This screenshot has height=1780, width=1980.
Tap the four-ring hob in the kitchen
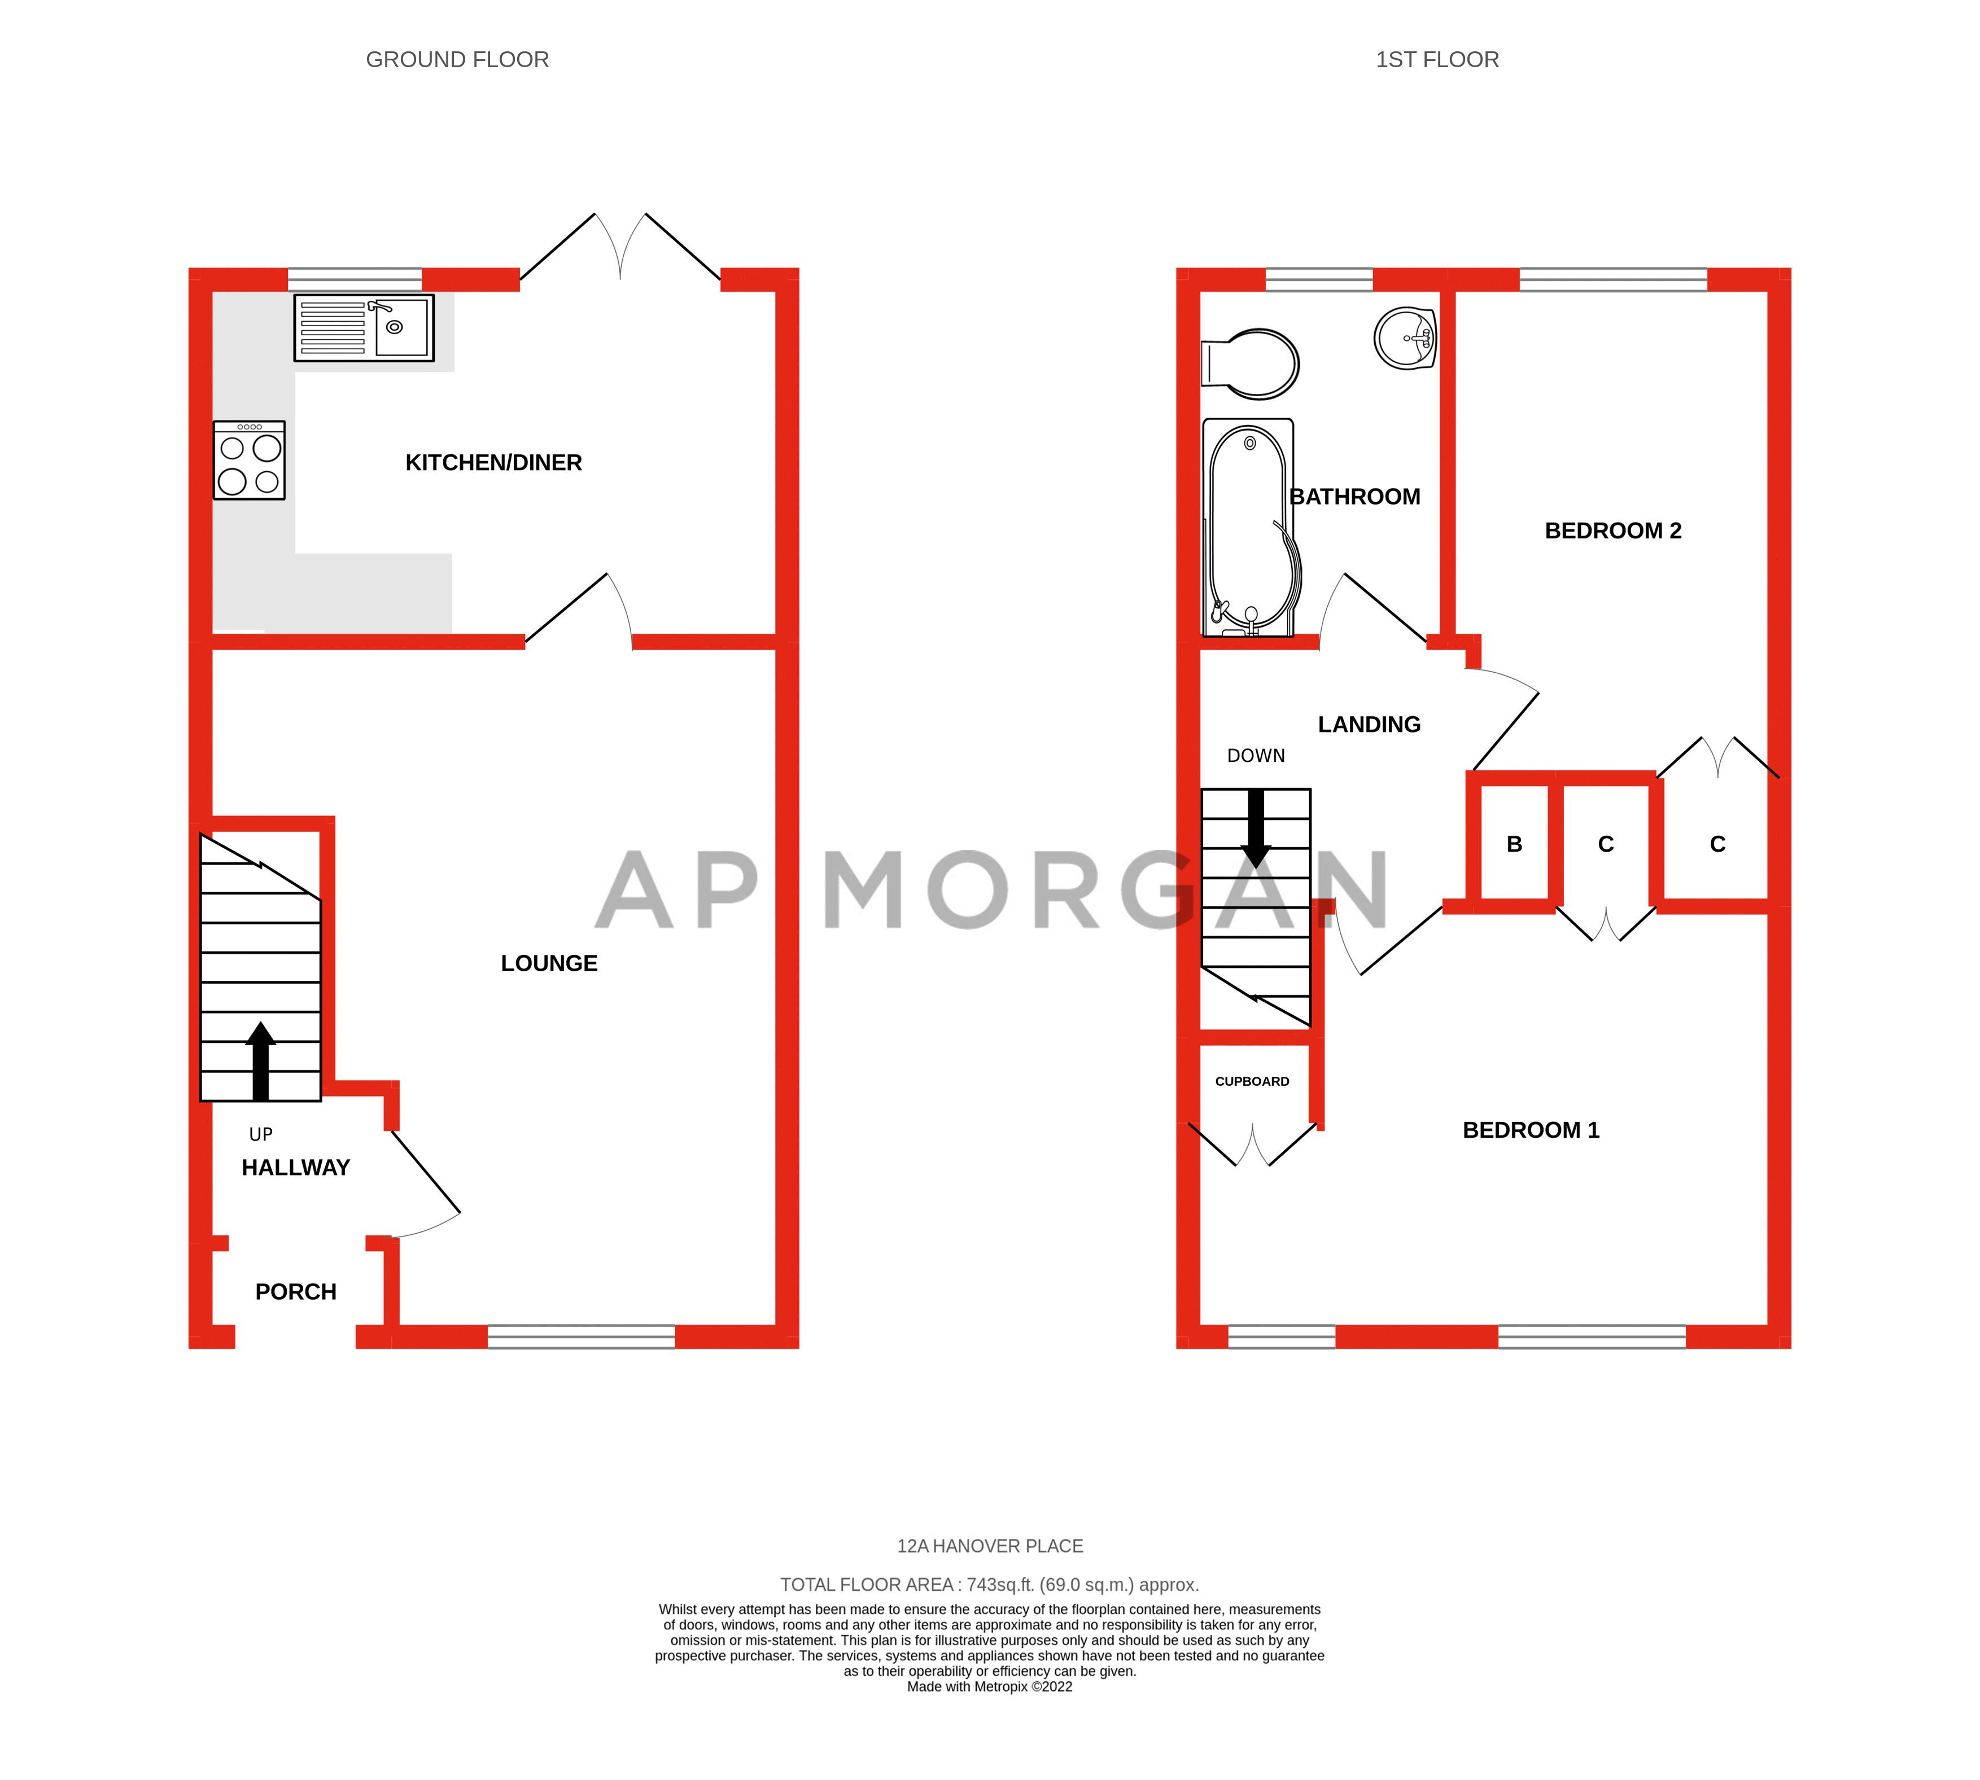click(x=250, y=461)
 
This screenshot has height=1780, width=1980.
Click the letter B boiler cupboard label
click(x=1514, y=844)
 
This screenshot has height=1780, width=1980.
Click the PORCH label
click(x=295, y=1292)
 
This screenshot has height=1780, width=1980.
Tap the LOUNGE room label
click(x=549, y=963)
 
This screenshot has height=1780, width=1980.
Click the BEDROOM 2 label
click(x=1612, y=531)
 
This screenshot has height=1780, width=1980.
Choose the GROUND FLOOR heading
click(x=457, y=60)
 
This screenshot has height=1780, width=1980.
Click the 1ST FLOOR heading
click(x=1436, y=60)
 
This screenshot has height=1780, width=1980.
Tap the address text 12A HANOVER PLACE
click(x=990, y=1546)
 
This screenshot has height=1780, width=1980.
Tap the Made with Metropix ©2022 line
click(x=990, y=1686)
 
